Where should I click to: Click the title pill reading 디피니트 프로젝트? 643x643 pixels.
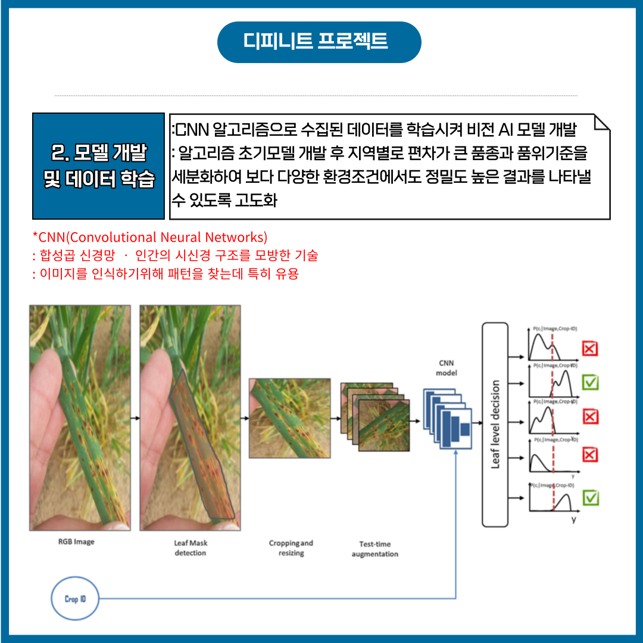(319, 42)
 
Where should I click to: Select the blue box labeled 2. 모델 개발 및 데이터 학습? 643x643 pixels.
(98, 166)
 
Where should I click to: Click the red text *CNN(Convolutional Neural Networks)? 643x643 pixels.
(150, 237)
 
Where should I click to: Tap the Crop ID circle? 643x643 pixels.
(75, 598)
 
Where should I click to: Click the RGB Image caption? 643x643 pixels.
(76, 542)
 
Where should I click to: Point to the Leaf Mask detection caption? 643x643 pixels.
(191, 548)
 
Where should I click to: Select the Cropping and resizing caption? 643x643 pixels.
(291, 548)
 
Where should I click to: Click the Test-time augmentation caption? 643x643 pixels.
(374, 549)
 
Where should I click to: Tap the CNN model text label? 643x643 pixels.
(446, 368)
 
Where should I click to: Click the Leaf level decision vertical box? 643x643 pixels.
(495, 424)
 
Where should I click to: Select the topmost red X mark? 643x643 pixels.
(589, 348)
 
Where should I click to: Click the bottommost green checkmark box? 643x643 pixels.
(590, 497)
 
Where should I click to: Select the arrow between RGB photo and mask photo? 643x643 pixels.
(135, 418)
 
